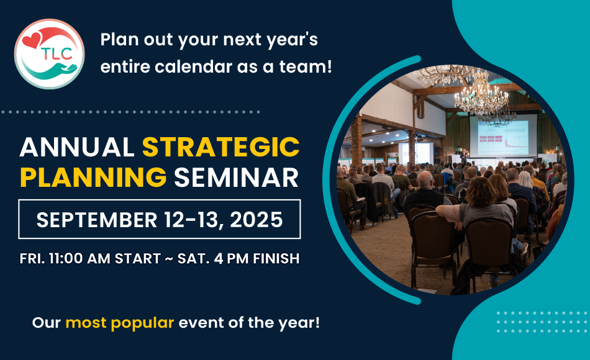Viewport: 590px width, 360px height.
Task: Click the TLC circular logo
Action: (x=50, y=54)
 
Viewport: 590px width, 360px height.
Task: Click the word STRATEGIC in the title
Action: (x=220, y=147)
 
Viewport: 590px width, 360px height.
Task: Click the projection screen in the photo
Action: (x=502, y=137)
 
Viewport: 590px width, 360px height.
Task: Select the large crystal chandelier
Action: (x=481, y=93)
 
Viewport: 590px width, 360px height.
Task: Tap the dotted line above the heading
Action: (x=130, y=112)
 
